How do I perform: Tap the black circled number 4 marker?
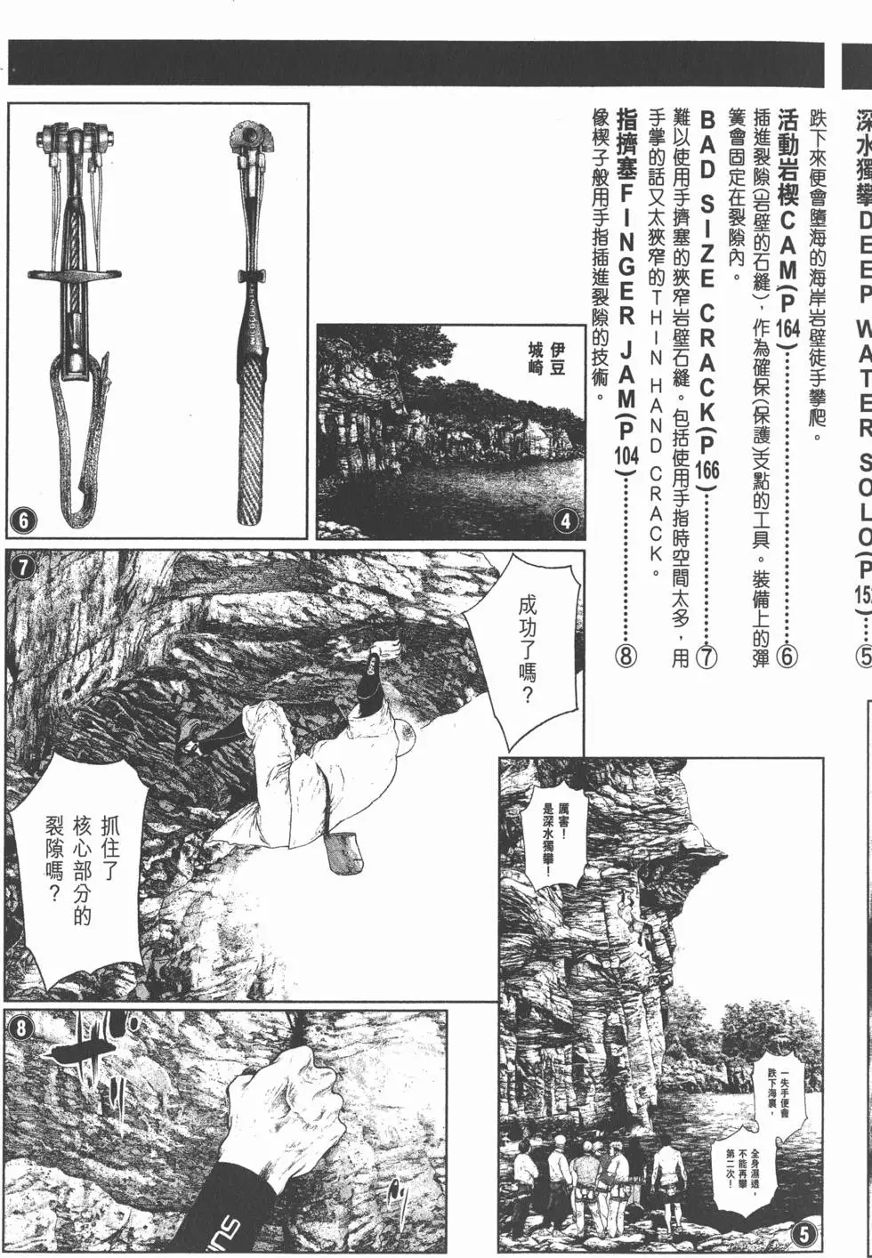pyautogui.click(x=566, y=521)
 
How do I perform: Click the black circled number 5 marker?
pyautogui.click(x=803, y=1234)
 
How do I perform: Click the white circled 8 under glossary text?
pyautogui.click(x=626, y=656)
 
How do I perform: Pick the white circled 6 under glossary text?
pyautogui.click(x=787, y=656)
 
